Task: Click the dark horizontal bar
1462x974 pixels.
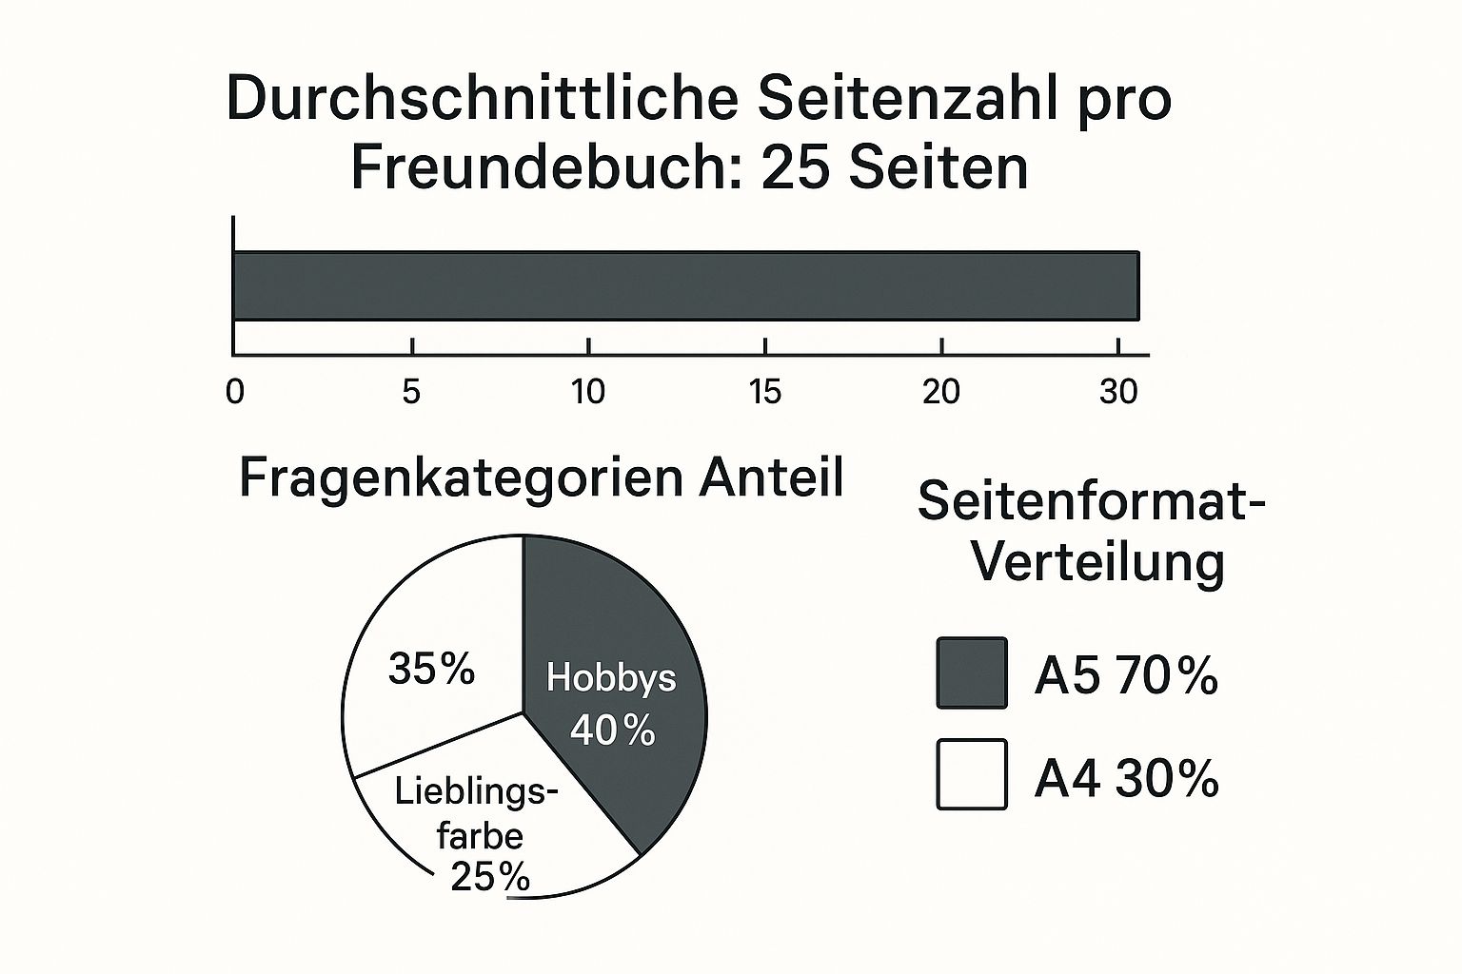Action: pos(685,285)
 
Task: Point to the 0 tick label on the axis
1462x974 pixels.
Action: pos(235,392)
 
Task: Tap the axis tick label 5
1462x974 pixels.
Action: pos(411,392)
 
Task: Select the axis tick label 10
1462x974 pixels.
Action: pos(588,392)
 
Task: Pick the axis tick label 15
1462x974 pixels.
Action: pos(765,392)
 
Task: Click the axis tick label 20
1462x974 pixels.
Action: pos(941,392)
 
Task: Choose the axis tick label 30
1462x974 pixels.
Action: pos(1118,392)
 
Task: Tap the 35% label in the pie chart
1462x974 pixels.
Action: pos(431,670)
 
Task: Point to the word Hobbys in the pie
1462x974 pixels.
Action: pos(611,677)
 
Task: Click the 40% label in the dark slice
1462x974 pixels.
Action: pos(612,730)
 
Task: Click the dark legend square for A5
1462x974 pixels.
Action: pos(972,673)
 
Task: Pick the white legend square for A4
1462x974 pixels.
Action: pos(972,774)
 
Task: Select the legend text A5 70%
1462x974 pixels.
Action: pos(1126,676)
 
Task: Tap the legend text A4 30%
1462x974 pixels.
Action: pos(1126,778)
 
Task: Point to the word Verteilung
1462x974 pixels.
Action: pos(1097,562)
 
